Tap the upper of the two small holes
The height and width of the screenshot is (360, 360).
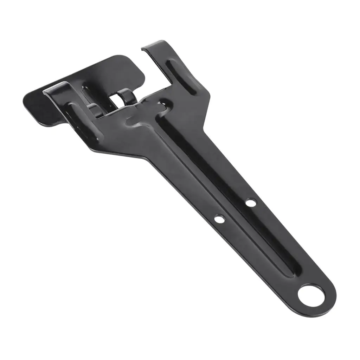click(x=251, y=202)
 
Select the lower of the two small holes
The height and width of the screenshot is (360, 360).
click(x=220, y=219)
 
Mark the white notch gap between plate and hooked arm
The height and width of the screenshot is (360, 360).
click(x=155, y=70)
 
